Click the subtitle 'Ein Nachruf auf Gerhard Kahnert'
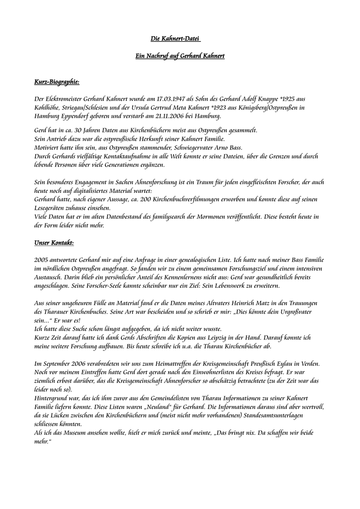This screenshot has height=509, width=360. point(180,56)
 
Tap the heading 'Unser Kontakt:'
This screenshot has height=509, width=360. point(54,243)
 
